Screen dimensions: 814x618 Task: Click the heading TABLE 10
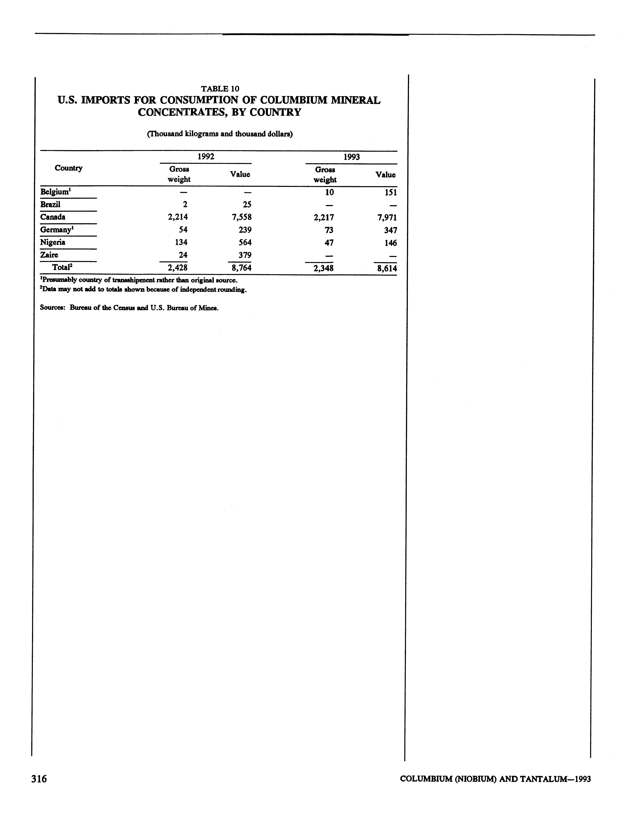[x=220, y=89]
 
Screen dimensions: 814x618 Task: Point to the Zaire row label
[x=49, y=255]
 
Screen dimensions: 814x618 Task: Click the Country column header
[x=68, y=168]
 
